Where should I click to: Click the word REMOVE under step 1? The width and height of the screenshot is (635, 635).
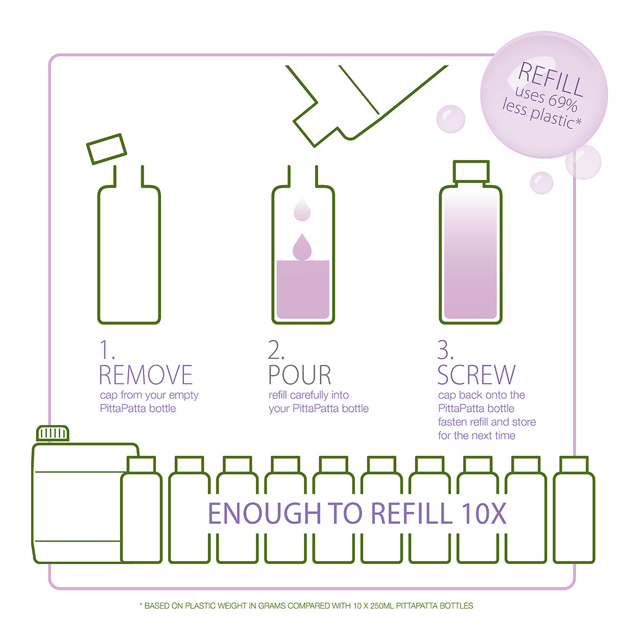tap(145, 375)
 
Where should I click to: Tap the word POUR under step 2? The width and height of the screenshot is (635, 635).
tap(300, 375)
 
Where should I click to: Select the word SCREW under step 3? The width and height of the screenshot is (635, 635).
tap(476, 375)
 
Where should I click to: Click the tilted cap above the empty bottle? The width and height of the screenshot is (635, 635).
tap(106, 149)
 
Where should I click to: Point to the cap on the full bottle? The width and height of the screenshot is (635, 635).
tap(471, 171)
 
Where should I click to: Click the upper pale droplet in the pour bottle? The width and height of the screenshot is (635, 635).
tap(302, 209)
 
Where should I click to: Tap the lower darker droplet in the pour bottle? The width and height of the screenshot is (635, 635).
tap(302, 247)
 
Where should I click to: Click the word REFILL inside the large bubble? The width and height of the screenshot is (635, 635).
tap(550, 79)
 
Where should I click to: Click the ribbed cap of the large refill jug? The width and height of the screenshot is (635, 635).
tap(53, 433)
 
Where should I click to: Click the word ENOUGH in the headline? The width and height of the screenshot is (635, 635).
tap(264, 513)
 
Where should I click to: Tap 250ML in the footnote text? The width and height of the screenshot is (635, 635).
tap(382, 606)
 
